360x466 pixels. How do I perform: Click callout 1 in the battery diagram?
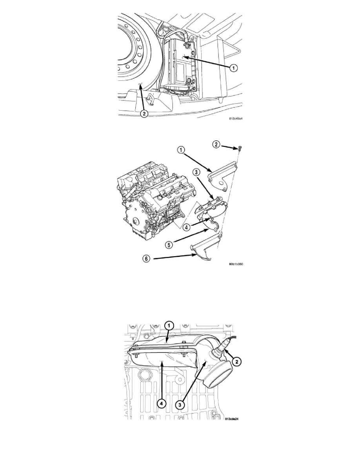coord(234,68)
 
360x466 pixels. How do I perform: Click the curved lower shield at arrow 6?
coord(202,251)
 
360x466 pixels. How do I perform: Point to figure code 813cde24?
coord(232,419)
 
